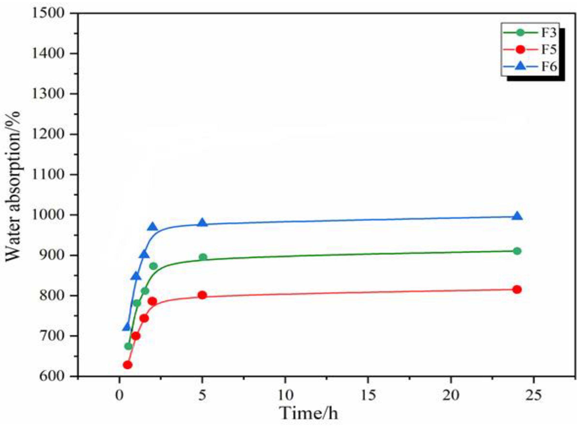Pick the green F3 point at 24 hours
coord(517,251)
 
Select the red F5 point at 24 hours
coord(517,289)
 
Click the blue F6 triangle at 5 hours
coord(202,223)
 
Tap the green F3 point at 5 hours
coord(203,257)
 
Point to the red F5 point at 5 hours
coord(202,295)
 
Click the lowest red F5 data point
coord(127,365)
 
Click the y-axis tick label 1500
coord(48,13)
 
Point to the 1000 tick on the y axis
coord(48,215)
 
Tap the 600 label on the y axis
coord(52,376)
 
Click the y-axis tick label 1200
coord(48,134)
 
